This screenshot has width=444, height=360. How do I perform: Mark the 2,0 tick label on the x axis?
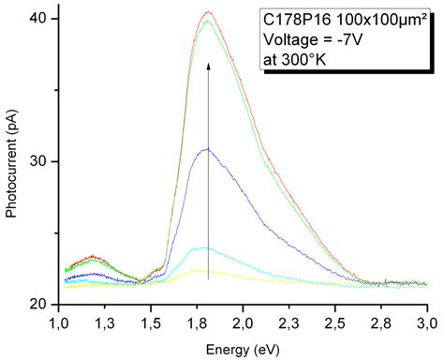[244, 323]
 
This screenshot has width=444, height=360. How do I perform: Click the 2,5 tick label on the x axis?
[335, 323]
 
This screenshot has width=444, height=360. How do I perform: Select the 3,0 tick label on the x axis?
[427, 323]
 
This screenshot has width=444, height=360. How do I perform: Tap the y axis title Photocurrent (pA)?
[12, 162]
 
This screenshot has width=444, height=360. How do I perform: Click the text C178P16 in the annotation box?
[291, 20]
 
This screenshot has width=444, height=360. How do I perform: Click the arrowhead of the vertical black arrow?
[208, 67]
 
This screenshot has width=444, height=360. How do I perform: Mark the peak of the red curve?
[208, 12]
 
